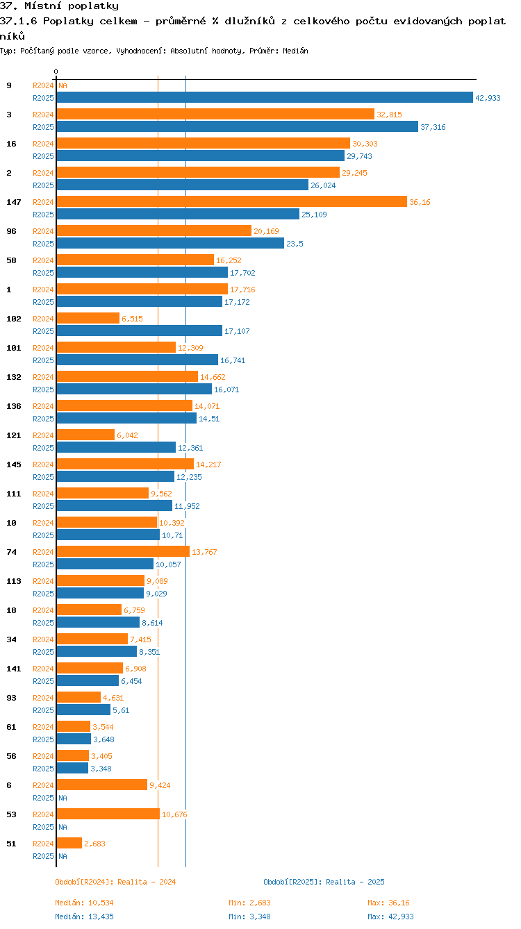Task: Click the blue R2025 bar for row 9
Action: click(265, 98)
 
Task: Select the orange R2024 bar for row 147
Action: click(232, 201)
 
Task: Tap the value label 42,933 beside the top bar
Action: click(488, 98)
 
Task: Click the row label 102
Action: click(14, 319)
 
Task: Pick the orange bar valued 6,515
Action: click(88, 318)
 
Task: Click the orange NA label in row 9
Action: click(63, 85)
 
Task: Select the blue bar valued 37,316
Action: click(238, 126)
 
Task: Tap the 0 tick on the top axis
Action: click(56, 72)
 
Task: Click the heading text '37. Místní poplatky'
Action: click(59, 6)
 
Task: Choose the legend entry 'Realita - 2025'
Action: click(324, 882)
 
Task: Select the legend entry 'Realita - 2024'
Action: click(115, 882)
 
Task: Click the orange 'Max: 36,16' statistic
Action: click(388, 903)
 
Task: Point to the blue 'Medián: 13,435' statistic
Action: click(84, 917)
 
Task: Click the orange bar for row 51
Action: click(69, 843)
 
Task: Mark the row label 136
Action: click(14, 406)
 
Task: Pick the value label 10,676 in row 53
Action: click(174, 814)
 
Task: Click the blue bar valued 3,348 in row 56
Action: click(72, 768)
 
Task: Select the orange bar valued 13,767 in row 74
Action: click(123, 551)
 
